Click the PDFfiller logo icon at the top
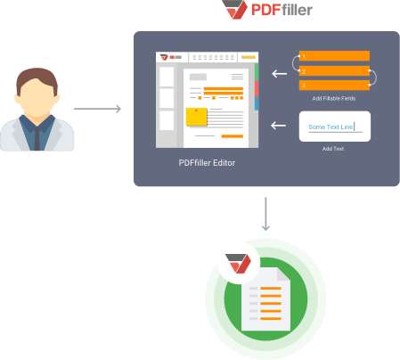[x=235, y=10]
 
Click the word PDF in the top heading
[x=266, y=10]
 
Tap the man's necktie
[x=37, y=139]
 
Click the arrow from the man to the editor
[x=97, y=109]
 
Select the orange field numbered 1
[x=334, y=56]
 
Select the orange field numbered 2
[x=334, y=71]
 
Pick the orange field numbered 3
[x=334, y=86]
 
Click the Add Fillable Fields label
[x=334, y=98]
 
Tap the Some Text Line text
[x=331, y=127]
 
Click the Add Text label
[x=333, y=149]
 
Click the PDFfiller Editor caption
[x=207, y=163]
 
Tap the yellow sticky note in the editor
[x=196, y=117]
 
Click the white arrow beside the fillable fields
[x=280, y=73]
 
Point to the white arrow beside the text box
[x=279, y=126]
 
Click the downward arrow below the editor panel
[x=265, y=214]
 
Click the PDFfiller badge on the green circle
[x=239, y=263]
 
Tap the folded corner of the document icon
[x=283, y=274]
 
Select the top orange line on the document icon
[x=271, y=288]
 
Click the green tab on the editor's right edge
[x=257, y=71]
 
